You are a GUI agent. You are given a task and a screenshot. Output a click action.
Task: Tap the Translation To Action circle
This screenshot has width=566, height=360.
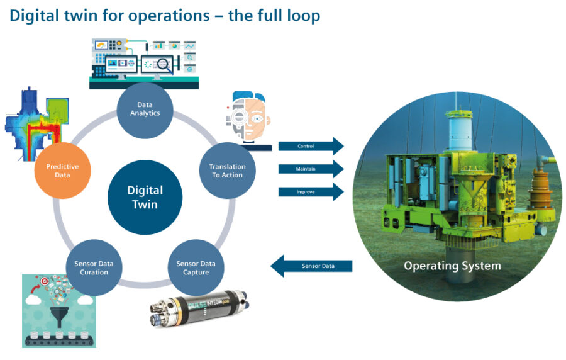pyautogui.click(x=227, y=171)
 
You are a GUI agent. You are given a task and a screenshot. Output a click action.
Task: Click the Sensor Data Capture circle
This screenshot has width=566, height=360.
pyautogui.click(x=195, y=267)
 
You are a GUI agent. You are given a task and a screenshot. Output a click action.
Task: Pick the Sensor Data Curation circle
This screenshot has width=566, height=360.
pyautogui.click(x=94, y=267)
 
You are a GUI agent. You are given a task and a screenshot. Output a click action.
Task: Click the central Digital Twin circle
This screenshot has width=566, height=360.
pyautogui.click(x=145, y=197)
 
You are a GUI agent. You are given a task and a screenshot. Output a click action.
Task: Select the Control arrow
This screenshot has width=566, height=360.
pyautogui.click(x=311, y=146)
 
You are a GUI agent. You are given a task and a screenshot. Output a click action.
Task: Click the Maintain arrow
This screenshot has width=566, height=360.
pyautogui.click(x=311, y=169)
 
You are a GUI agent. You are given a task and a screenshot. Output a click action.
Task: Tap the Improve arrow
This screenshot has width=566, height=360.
pyautogui.click(x=311, y=191)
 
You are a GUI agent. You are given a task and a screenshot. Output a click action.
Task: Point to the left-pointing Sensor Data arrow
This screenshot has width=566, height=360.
pyautogui.click(x=311, y=266)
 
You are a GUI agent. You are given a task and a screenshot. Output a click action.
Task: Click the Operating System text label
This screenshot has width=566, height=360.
pyautogui.click(x=452, y=266)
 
